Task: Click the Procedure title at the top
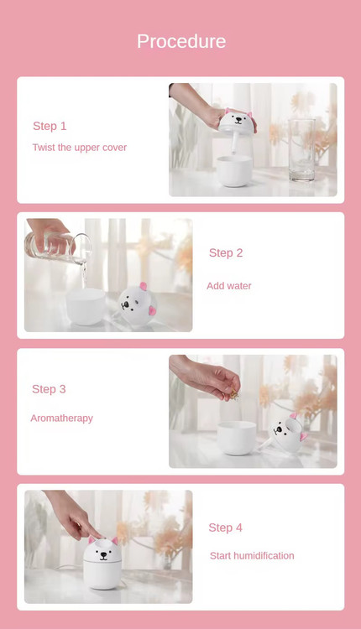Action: (181, 41)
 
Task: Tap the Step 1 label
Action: (50, 126)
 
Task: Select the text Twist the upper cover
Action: (80, 148)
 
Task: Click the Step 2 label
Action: (226, 252)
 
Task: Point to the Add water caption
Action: (229, 286)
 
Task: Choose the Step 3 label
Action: (49, 389)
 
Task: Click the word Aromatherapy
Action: (62, 418)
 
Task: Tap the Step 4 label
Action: (225, 528)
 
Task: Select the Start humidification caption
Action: (252, 555)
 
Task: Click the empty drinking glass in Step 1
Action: (301, 149)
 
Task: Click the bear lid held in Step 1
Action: (238, 122)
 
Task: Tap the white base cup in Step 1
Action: (234, 171)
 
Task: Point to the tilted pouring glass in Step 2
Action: (56, 247)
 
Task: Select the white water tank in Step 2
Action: (86, 306)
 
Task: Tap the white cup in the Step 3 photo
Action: (237, 438)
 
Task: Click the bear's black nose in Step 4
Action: (103, 555)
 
